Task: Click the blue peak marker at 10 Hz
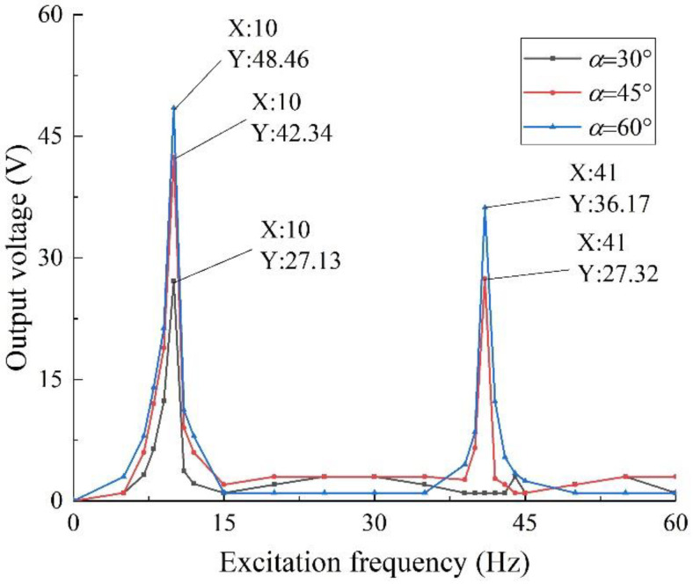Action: [174, 108]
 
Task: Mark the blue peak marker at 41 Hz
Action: [485, 208]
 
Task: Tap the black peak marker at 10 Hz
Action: [174, 281]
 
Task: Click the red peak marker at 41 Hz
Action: [485, 279]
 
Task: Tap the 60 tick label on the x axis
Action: [675, 520]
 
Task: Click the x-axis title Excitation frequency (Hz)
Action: [374, 558]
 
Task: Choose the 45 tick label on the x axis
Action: [525, 520]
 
